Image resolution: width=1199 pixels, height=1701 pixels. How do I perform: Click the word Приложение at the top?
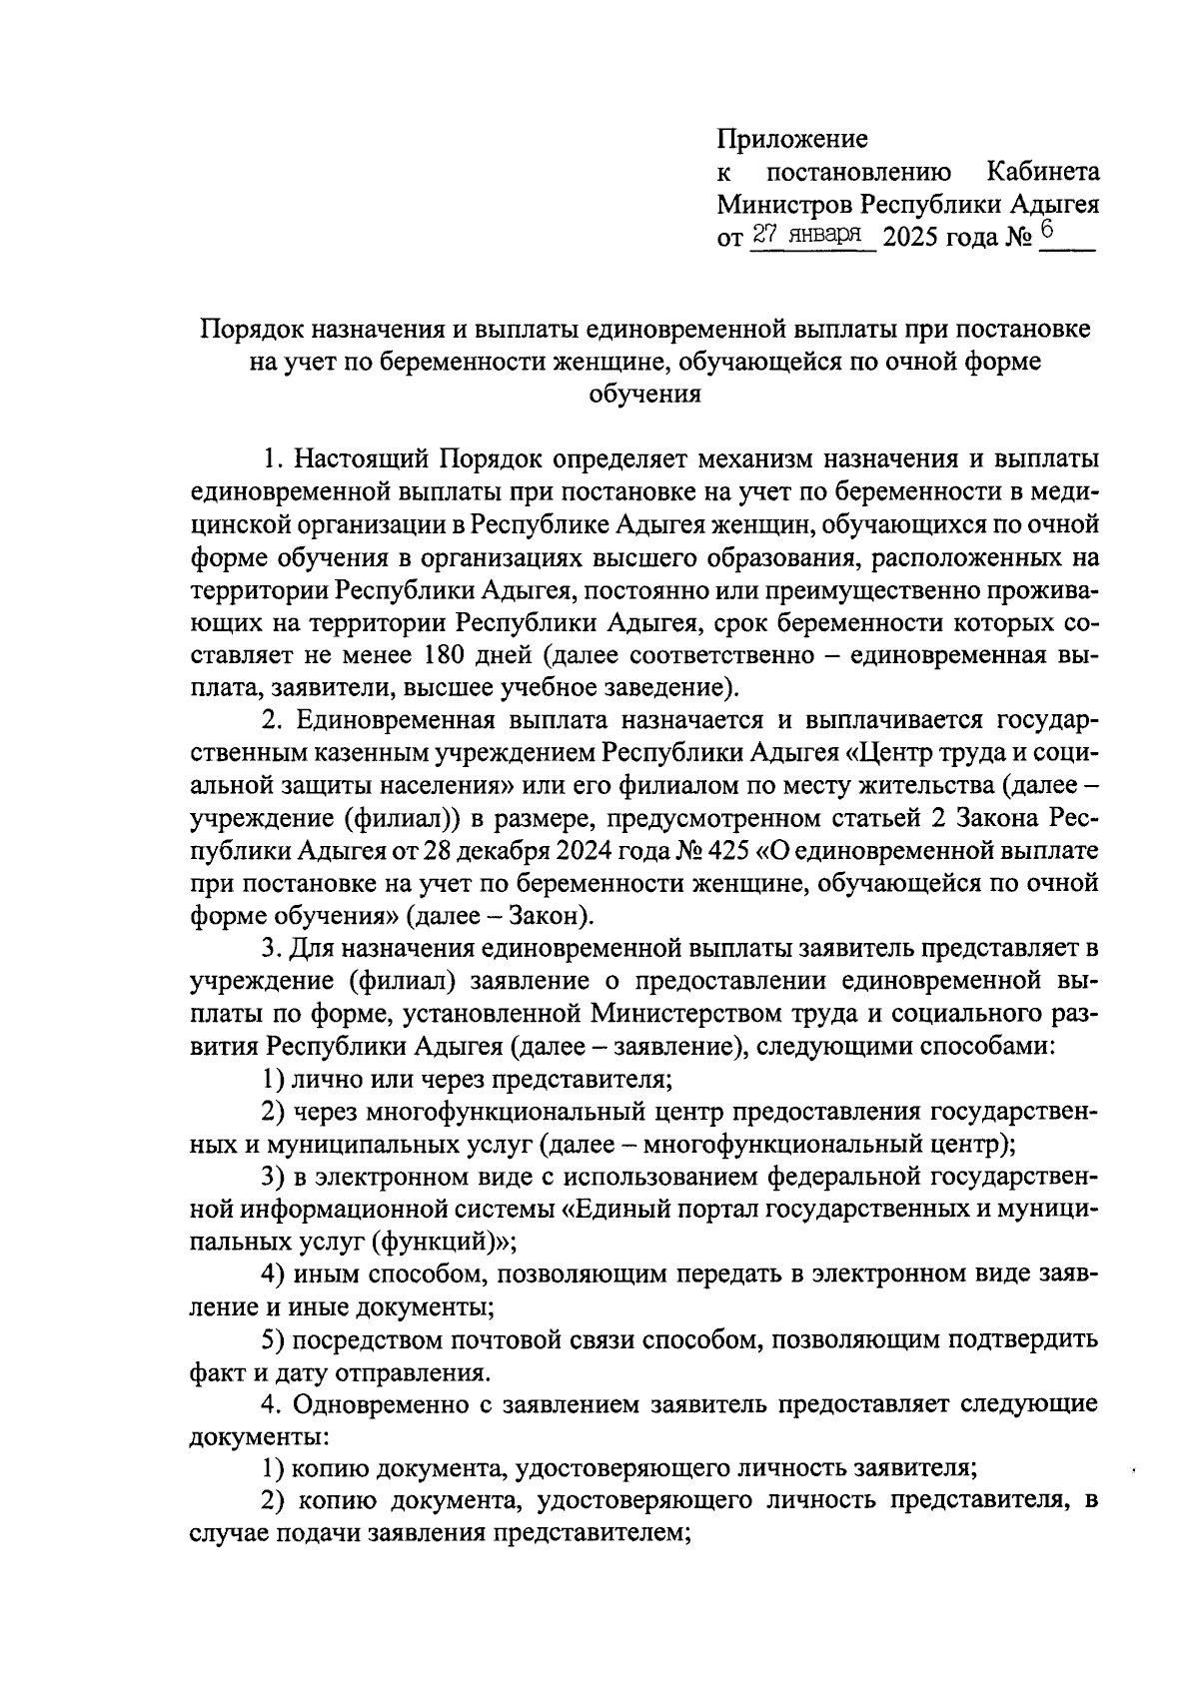pyautogui.click(x=792, y=139)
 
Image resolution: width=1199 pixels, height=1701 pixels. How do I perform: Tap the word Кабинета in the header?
pyautogui.click(x=1043, y=172)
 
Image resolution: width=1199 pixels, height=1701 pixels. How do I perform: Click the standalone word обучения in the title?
pyautogui.click(x=644, y=395)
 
